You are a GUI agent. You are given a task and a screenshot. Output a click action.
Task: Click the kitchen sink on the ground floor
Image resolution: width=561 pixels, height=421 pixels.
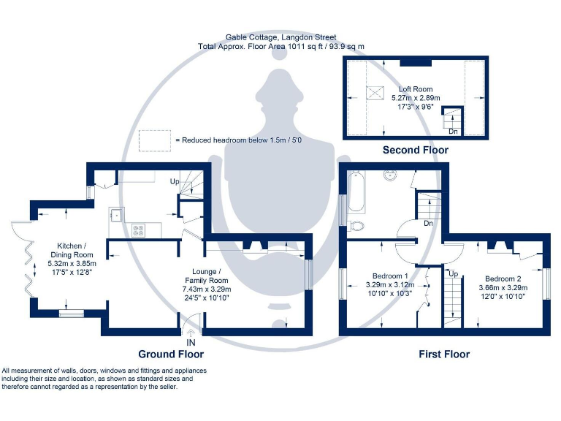pyautogui.click(x=116, y=214)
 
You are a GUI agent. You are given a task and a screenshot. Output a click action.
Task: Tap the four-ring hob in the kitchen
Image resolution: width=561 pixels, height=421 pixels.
pyautogui.click(x=140, y=230)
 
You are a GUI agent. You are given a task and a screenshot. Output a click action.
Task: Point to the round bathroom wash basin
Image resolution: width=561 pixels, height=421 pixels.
pyautogui.click(x=389, y=175)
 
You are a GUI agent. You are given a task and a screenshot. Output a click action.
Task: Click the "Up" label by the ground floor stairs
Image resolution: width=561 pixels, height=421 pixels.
pyautogui.click(x=175, y=181)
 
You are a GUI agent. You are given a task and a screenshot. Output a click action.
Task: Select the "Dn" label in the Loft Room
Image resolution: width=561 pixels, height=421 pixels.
pyautogui.click(x=453, y=132)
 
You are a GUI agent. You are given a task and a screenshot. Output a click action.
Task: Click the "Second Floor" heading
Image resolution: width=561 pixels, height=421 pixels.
pyautogui.click(x=416, y=150)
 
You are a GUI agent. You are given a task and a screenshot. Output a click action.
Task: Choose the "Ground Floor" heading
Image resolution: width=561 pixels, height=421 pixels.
pyautogui.click(x=150, y=354)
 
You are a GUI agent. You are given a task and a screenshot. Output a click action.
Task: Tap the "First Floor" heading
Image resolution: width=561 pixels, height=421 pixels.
pyautogui.click(x=444, y=354)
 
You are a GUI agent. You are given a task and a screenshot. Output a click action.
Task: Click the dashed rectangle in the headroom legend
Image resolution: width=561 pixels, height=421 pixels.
pyautogui.click(x=153, y=139)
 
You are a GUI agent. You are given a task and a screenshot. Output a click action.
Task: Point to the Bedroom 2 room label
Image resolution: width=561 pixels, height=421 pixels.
pyautogui.click(x=503, y=279)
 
